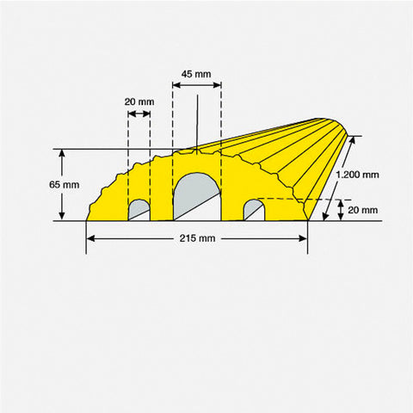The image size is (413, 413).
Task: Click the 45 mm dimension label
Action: tap(196, 74)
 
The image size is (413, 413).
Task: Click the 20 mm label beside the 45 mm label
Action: tap(139, 102)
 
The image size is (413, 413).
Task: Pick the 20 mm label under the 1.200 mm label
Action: tap(362, 209)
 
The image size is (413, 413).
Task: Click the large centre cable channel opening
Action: tap(197, 198)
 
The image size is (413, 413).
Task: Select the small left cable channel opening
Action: tap(139, 209)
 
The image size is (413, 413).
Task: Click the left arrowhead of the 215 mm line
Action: tap(89, 253)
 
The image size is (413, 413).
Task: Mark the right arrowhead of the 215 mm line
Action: tap(305, 253)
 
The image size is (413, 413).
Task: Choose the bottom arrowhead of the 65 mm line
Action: tap(63, 217)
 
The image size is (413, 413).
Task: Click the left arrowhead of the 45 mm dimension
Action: tap(176, 85)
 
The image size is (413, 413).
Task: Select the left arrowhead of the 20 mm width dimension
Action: tap(131, 114)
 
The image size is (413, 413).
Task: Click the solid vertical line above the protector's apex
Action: tap(198, 120)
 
